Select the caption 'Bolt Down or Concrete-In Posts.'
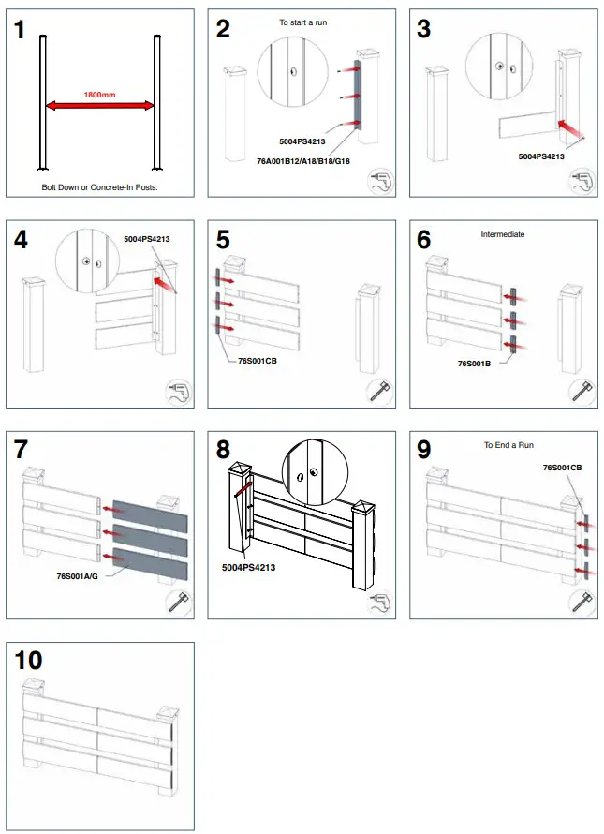tap(99, 186)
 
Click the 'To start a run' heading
tap(302, 22)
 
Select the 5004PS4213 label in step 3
tap(541, 156)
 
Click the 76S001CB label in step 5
tap(245, 359)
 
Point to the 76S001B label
tap(476, 361)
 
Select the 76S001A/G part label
tap(78, 577)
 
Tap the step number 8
tap(223, 450)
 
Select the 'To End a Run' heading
tap(507, 445)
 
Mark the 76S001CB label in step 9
tap(562, 467)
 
